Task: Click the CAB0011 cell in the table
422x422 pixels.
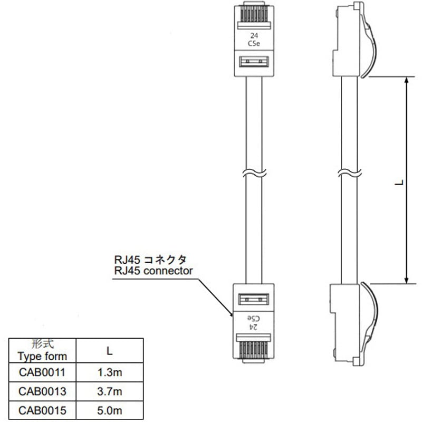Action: [42, 373]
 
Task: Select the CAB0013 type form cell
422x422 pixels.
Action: [42, 391]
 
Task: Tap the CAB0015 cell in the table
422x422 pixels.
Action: [42, 410]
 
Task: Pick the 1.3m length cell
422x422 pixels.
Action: [110, 373]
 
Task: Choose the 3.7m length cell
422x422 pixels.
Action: [110, 391]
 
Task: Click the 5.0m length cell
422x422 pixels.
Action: [110, 410]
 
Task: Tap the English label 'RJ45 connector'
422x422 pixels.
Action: [154, 271]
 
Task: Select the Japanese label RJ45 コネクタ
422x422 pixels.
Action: [150, 260]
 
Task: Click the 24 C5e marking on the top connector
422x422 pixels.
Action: [253, 40]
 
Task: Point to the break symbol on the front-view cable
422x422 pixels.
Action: [254, 172]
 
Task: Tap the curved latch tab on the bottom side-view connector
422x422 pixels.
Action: [370, 316]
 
